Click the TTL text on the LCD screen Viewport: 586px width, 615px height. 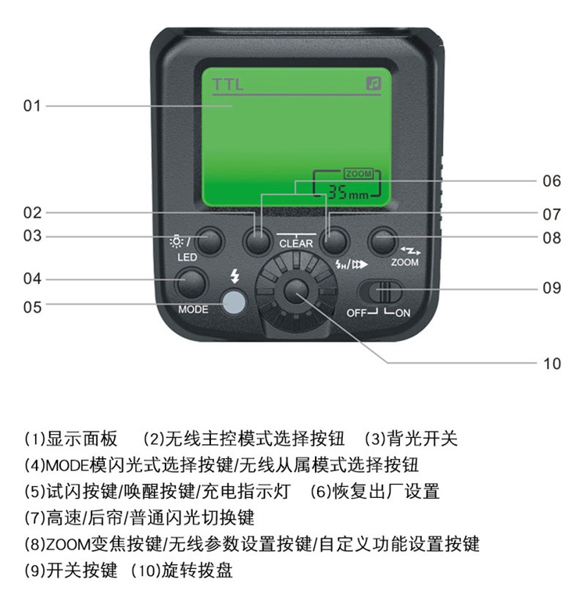point(228,84)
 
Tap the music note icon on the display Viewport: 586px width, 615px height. point(373,84)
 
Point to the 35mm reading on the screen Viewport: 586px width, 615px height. point(348,192)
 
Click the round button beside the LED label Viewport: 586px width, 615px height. point(209,241)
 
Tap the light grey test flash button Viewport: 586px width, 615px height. point(234,302)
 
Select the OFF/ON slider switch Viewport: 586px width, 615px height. point(381,292)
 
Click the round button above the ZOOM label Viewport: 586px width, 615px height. point(383,241)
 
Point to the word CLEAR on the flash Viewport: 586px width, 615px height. point(296,244)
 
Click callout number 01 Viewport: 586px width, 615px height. point(32,106)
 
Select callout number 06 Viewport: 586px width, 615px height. point(552,181)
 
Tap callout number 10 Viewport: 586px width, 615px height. point(552,364)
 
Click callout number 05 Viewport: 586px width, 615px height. point(32,307)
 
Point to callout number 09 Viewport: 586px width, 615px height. point(552,288)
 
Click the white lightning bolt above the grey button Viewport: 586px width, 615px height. point(235,276)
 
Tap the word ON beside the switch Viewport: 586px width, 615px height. point(403,313)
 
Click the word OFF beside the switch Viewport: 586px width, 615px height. point(356,313)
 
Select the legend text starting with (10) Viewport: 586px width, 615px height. point(182,571)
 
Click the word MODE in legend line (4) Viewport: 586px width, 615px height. point(67,466)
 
